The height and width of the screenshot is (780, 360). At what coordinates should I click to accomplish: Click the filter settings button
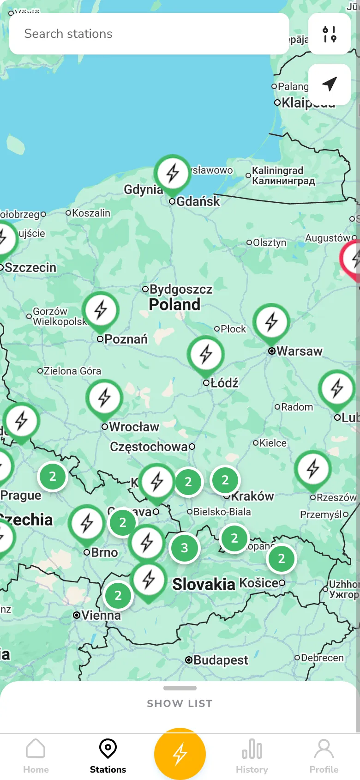tap(330, 34)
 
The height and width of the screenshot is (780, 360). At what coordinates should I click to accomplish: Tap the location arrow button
tap(330, 84)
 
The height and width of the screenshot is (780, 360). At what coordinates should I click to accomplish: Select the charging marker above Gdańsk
tap(173, 173)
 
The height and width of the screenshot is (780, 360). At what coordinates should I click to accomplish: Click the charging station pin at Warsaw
tap(271, 322)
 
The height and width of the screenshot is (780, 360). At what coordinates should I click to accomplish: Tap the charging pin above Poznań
tap(101, 310)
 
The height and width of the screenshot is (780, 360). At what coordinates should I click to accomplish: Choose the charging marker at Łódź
tap(206, 355)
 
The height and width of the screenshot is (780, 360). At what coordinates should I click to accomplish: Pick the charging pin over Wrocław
tap(104, 398)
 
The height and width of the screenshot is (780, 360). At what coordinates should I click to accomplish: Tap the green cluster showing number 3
tap(185, 548)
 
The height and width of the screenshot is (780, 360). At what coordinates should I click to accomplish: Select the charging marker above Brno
tap(87, 523)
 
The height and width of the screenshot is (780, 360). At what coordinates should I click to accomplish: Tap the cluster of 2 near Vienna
tap(118, 596)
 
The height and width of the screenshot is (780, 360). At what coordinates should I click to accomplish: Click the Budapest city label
tap(220, 660)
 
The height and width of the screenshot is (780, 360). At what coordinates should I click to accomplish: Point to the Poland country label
tap(174, 305)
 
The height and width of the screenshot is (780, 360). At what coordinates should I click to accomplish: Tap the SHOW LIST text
tap(180, 703)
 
